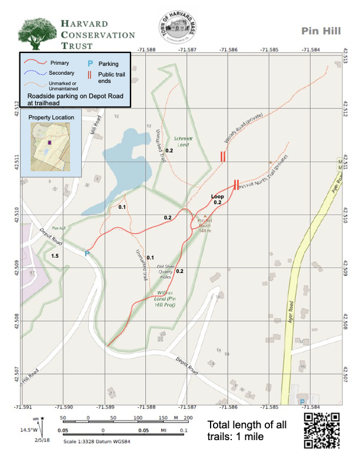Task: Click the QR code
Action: [x=322, y=430]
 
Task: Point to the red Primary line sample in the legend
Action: [x=34, y=62]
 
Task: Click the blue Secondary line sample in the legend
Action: [x=34, y=73]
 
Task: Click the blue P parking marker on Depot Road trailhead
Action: [x=86, y=254]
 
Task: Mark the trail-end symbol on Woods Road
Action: [x=223, y=157]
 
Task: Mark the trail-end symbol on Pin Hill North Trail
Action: [x=236, y=185]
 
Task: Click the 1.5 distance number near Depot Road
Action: [x=55, y=256]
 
